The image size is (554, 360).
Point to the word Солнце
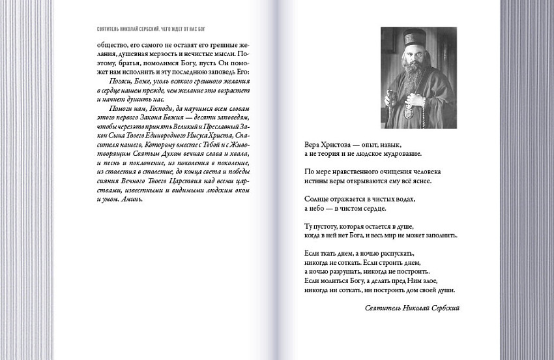pos(317,199)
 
